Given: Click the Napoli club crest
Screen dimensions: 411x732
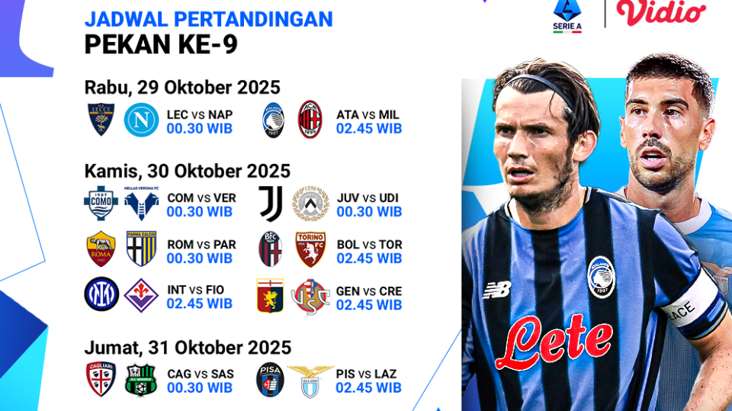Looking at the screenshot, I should tap(141, 120).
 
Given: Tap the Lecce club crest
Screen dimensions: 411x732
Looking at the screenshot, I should tap(101, 120).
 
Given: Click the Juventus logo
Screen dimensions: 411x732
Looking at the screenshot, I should tap(271, 203).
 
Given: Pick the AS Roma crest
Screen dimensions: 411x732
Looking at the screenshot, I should tap(101, 249).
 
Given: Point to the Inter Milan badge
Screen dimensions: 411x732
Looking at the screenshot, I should tap(101, 295).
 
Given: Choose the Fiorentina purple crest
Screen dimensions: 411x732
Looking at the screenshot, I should tap(141, 295).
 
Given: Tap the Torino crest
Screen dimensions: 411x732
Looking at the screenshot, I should tap(310, 249).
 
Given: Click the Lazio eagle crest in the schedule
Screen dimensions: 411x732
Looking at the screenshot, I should tap(310, 379).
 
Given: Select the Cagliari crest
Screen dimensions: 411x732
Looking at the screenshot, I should tap(101, 379).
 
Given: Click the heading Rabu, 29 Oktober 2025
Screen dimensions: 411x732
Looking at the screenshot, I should tap(182, 87).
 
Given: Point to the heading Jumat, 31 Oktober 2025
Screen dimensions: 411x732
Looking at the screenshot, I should tap(188, 348).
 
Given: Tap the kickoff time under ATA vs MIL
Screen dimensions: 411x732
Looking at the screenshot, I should tap(369, 129).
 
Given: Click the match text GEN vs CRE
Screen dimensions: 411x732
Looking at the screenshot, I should tap(369, 291).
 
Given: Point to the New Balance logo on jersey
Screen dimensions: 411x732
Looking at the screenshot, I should tap(497, 290).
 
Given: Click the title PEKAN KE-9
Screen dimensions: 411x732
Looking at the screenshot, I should tap(161, 45).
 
